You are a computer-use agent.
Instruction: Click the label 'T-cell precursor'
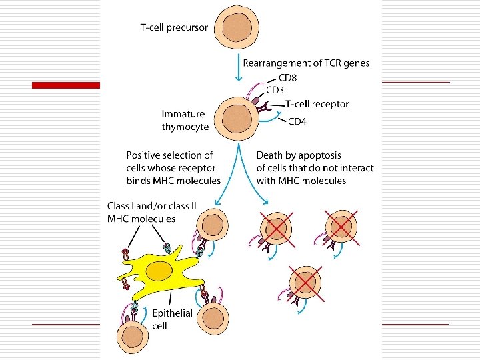(x=174, y=28)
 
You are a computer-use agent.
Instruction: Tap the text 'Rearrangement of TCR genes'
(x=306, y=63)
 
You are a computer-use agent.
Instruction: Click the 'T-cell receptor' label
(x=317, y=104)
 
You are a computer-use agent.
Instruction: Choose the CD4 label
(x=297, y=121)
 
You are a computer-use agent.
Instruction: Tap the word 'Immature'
(x=183, y=114)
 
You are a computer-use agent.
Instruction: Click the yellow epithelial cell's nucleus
(x=160, y=271)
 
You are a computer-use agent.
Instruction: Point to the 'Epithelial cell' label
(x=172, y=319)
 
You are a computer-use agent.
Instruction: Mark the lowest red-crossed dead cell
(x=305, y=281)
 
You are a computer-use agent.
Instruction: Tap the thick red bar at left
(x=67, y=85)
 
